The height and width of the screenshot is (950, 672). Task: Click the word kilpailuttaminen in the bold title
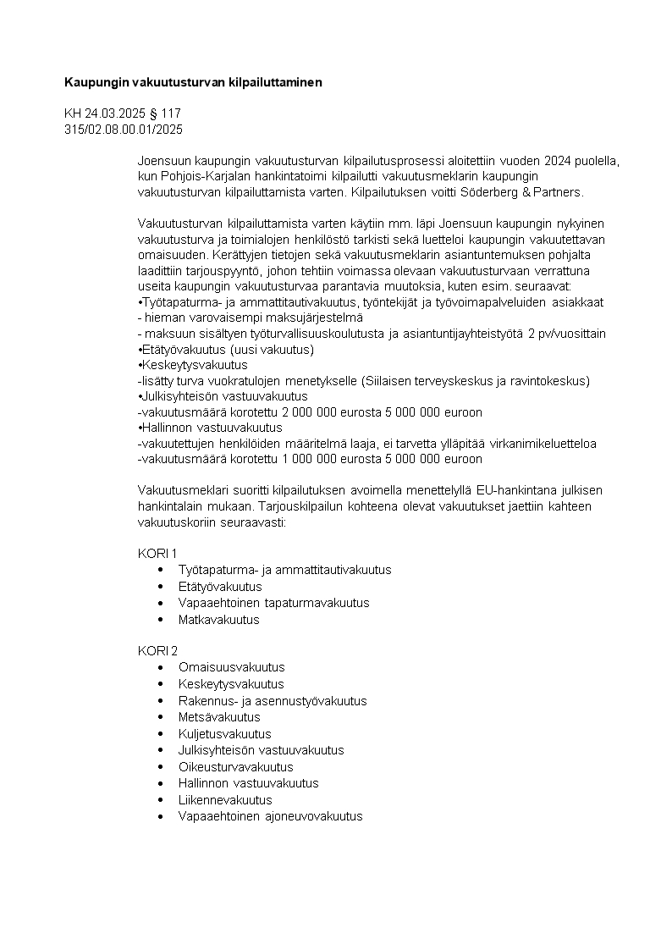pos(275,82)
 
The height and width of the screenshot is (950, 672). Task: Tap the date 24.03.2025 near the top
pos(115,113)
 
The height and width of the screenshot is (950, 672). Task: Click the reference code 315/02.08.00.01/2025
pos(124,130)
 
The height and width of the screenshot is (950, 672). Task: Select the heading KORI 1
pos(157,553)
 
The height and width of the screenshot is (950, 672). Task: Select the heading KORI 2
pos(157,650)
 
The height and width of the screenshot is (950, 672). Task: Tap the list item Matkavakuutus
pos(218,619)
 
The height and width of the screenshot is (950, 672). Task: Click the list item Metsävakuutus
pos(219,717)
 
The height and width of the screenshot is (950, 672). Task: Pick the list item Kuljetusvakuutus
pos(224,733)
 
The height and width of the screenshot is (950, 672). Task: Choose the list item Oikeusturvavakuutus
pos(235,766)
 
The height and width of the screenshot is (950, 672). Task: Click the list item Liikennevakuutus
pos(225,799)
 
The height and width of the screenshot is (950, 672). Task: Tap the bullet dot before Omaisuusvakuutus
pos(160,667)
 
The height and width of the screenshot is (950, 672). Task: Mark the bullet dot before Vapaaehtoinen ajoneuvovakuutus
pos(160,816)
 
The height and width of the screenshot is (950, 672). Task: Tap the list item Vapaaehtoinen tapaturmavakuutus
pos(273,603)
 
